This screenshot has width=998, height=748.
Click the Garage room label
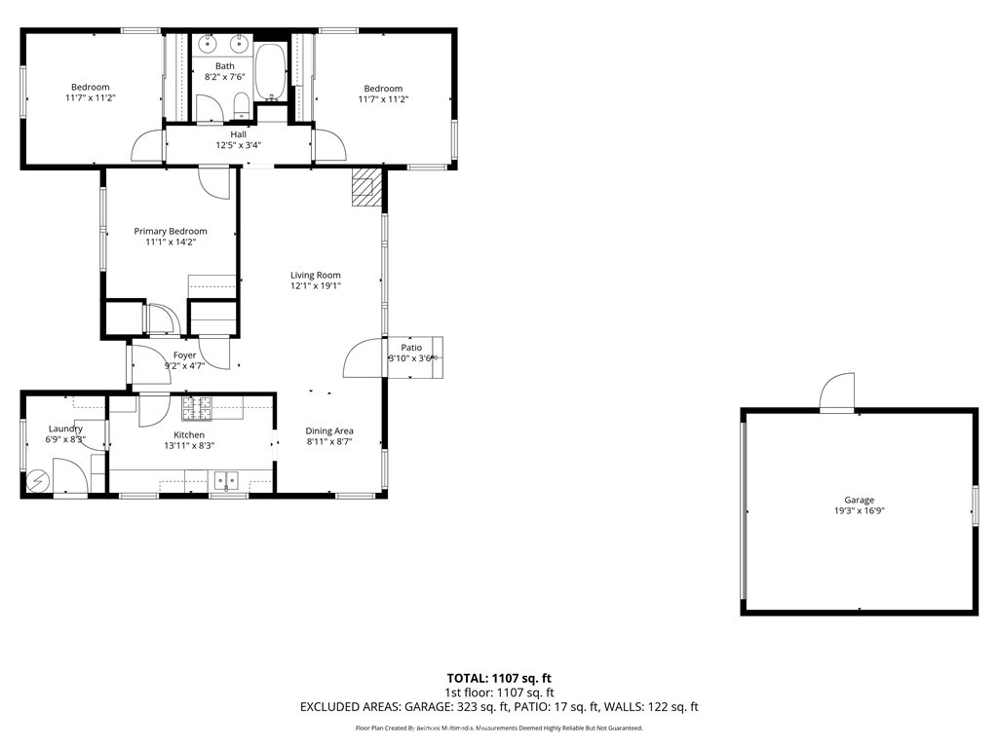point(859,500)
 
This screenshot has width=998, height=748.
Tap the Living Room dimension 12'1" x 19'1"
point(315,286)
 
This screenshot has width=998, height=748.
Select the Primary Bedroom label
point(171,231)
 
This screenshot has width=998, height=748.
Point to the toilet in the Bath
point(240,105)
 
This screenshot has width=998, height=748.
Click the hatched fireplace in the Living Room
point(365,186)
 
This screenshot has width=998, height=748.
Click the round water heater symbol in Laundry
point(38,480)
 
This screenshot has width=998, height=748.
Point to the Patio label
point(411,348)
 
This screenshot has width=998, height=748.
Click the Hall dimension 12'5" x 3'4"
point(238,145)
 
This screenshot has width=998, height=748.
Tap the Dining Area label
point(329,430)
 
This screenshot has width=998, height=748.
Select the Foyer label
point(184,355)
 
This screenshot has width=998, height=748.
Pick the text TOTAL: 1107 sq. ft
point(499,678)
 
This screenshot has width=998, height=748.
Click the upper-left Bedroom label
point(90,87)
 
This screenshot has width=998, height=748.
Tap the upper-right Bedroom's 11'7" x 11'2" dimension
point(382,99)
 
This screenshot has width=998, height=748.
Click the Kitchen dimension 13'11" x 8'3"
point(189,445)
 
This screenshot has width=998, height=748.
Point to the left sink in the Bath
point(209,45)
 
